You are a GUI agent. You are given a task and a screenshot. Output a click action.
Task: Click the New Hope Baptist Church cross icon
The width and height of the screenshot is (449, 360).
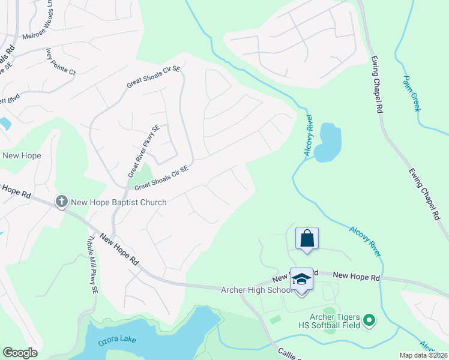pos(61,202)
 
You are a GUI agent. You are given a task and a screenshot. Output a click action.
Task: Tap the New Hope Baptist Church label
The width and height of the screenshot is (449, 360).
pos(119,203)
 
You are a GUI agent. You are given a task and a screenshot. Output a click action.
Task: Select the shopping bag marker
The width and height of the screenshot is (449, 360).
pos(307,238)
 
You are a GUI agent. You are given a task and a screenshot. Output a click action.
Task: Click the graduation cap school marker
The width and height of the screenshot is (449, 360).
pos(301,279)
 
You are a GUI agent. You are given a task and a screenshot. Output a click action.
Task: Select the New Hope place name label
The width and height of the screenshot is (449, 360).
pos(22,156)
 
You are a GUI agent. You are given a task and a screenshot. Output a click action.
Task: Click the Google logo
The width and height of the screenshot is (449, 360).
pos(20,353)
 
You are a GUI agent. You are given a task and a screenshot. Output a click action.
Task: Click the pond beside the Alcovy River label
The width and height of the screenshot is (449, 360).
pos(328,143)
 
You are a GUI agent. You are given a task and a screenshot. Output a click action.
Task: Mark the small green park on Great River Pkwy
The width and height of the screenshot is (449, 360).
pos(142,176)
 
